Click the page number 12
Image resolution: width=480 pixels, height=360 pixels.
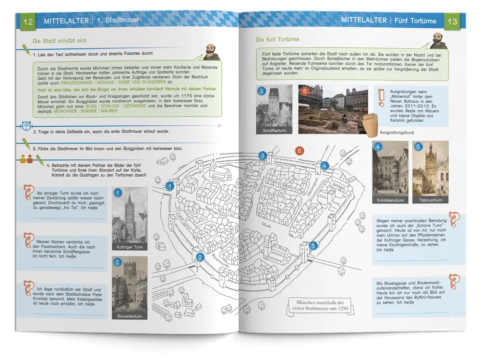point(28,22)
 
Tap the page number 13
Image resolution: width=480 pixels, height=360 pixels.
point(452,22)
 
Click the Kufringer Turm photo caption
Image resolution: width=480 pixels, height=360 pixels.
point(130,247)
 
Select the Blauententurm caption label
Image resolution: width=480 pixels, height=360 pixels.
point(130,316)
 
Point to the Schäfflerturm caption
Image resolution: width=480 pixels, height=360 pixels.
point(275,130)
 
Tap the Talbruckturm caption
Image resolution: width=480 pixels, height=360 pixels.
point(430,200)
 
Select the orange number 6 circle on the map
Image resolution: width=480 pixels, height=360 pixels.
point(300,151)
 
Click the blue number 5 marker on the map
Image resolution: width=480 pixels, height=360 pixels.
point(313,246)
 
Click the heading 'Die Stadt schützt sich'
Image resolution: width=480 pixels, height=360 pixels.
point(60,41)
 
